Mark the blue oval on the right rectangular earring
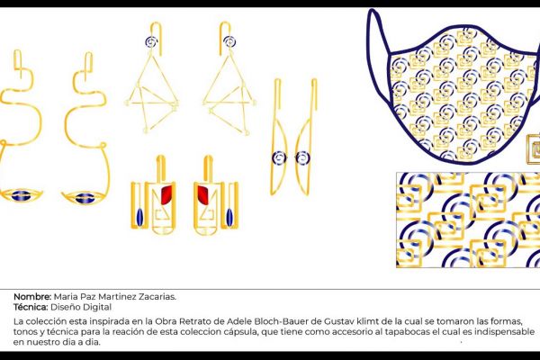coord(231,217)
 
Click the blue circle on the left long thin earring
coord(278,157)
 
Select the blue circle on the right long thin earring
coord(301,157)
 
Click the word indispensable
coord(486,332)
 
